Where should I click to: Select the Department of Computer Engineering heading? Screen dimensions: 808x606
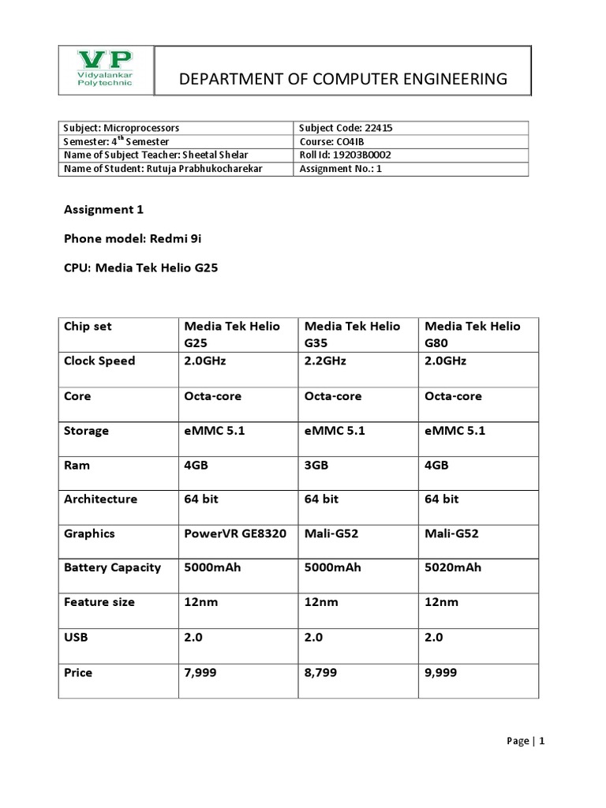coord(343,79)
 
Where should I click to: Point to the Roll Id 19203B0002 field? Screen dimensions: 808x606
coord(346,155)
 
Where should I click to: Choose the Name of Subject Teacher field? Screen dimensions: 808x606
coord(155,155)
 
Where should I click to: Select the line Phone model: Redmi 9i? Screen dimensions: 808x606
coord(127,238)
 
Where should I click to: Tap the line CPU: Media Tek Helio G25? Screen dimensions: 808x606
coord(140,267)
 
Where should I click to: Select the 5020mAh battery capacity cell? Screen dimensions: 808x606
coord(453,567)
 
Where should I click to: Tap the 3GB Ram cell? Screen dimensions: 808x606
coord(316,466)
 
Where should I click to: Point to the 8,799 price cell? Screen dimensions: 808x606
coord(321,673)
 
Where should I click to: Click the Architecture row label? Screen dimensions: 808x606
coord(100,499)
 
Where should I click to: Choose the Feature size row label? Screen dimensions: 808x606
coord(99,602)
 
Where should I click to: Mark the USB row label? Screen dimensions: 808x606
coord(76,637)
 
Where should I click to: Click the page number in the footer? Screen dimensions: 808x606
coord(542,741)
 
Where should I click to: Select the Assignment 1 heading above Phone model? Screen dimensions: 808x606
coord(103,209)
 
